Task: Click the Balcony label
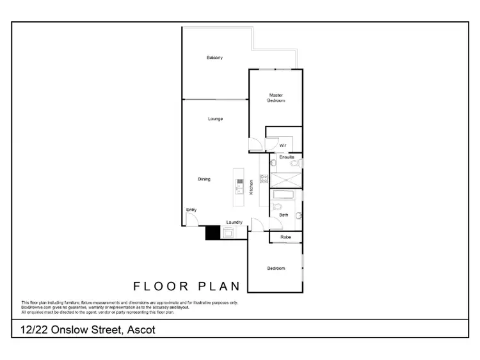(x=214, y=58)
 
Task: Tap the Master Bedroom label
(x=276, y=98)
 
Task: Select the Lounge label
(x=214, y=119)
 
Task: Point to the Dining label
(x=204, y=179)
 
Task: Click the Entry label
(x=191, y=210)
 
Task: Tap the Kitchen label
(x=251, y=186)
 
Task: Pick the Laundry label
(x=234, y=222)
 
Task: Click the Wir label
(x=282, y=145)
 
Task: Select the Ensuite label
(x=287, y=157)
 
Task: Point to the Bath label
(x=284, y=215)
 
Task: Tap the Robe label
(x=285, y=237)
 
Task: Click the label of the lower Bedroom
(x=276, y=268)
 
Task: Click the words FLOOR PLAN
(x=186, y=286)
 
